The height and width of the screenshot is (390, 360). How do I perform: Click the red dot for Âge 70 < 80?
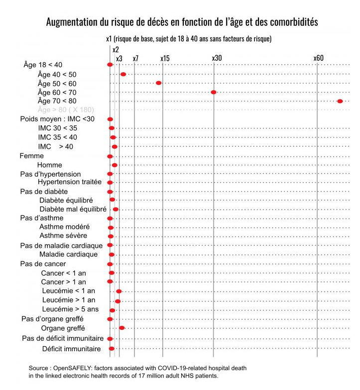(340, 101)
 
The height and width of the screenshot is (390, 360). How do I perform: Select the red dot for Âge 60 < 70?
(214, 92)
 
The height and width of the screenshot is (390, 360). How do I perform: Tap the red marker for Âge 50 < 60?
(158, 83)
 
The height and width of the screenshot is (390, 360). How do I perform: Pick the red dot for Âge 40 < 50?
(123, 74)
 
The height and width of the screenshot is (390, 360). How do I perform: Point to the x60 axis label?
(318, 58)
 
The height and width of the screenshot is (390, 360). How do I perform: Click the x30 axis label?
(217, 58)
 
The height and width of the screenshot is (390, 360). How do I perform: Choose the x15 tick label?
(165, 58)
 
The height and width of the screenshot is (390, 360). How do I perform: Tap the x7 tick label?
(135, 58)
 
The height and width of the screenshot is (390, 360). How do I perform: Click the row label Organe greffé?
(63, 328)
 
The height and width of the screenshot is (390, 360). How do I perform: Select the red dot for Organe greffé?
(121, 328)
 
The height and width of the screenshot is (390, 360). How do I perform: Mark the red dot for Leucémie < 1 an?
(119, 291)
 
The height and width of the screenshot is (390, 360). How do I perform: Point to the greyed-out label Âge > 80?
(66, 109)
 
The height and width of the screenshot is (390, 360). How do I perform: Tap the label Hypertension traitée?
(70, 182)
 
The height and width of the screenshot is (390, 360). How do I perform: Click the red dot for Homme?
(115, 165)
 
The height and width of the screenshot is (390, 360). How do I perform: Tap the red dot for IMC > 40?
(115, 147)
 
